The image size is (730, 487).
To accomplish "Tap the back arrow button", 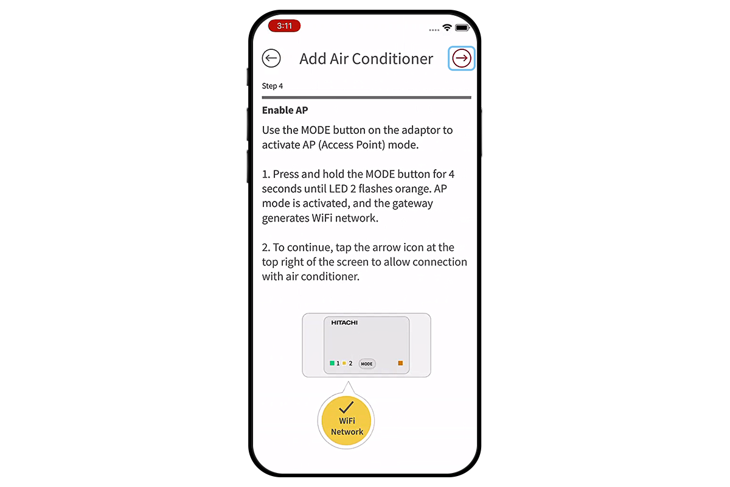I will click(x=271, y=58).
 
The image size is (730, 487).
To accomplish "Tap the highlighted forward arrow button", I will click(x=462, y=58).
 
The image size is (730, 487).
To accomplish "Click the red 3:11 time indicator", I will click(x=284, y=26).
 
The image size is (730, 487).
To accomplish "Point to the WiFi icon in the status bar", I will click(x=447, y=28).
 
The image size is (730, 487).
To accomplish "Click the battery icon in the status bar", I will click(x=462, y=28).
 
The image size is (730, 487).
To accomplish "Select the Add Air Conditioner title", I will click(x=366, y=59).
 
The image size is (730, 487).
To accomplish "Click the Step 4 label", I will click(x=272, y=86).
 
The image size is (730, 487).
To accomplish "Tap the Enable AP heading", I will click(x=285, y=110).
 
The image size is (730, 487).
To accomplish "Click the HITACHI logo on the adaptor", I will click(x=344, y=322).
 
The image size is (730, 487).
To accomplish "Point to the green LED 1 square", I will click(x=332, y=363).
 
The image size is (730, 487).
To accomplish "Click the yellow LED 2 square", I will click(x=344, y=363).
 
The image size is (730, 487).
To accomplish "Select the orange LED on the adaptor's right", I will click(x=400, y=363).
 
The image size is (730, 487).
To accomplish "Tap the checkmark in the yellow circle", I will click(x=347, y=407).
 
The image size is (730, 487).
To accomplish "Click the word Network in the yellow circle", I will click(x=347, y=432).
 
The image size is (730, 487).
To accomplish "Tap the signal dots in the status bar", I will click(x=434, y=29).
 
